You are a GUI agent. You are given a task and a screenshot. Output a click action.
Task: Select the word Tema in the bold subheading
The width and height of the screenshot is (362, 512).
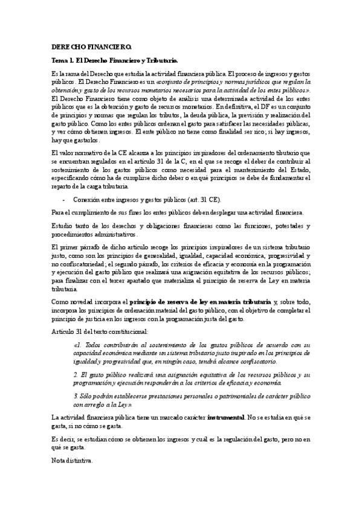[60, 61]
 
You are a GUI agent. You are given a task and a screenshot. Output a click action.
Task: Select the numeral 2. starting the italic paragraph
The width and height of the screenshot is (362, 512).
[74, 374]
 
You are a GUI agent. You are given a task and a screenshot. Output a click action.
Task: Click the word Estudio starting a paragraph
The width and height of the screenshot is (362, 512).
[63, 226]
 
